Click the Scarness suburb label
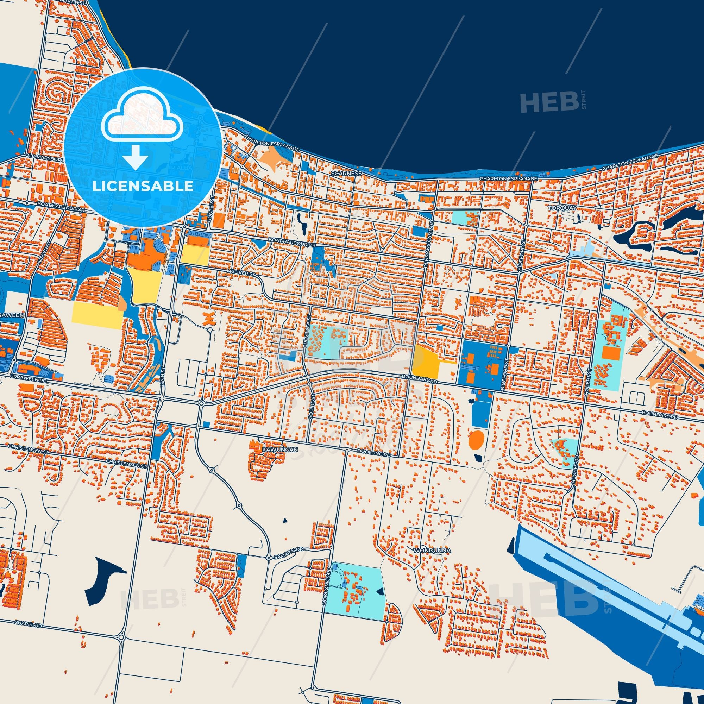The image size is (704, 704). pos(346,174)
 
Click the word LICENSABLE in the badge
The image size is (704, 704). pos(143,186)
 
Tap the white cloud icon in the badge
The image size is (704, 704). pos(143,118)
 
